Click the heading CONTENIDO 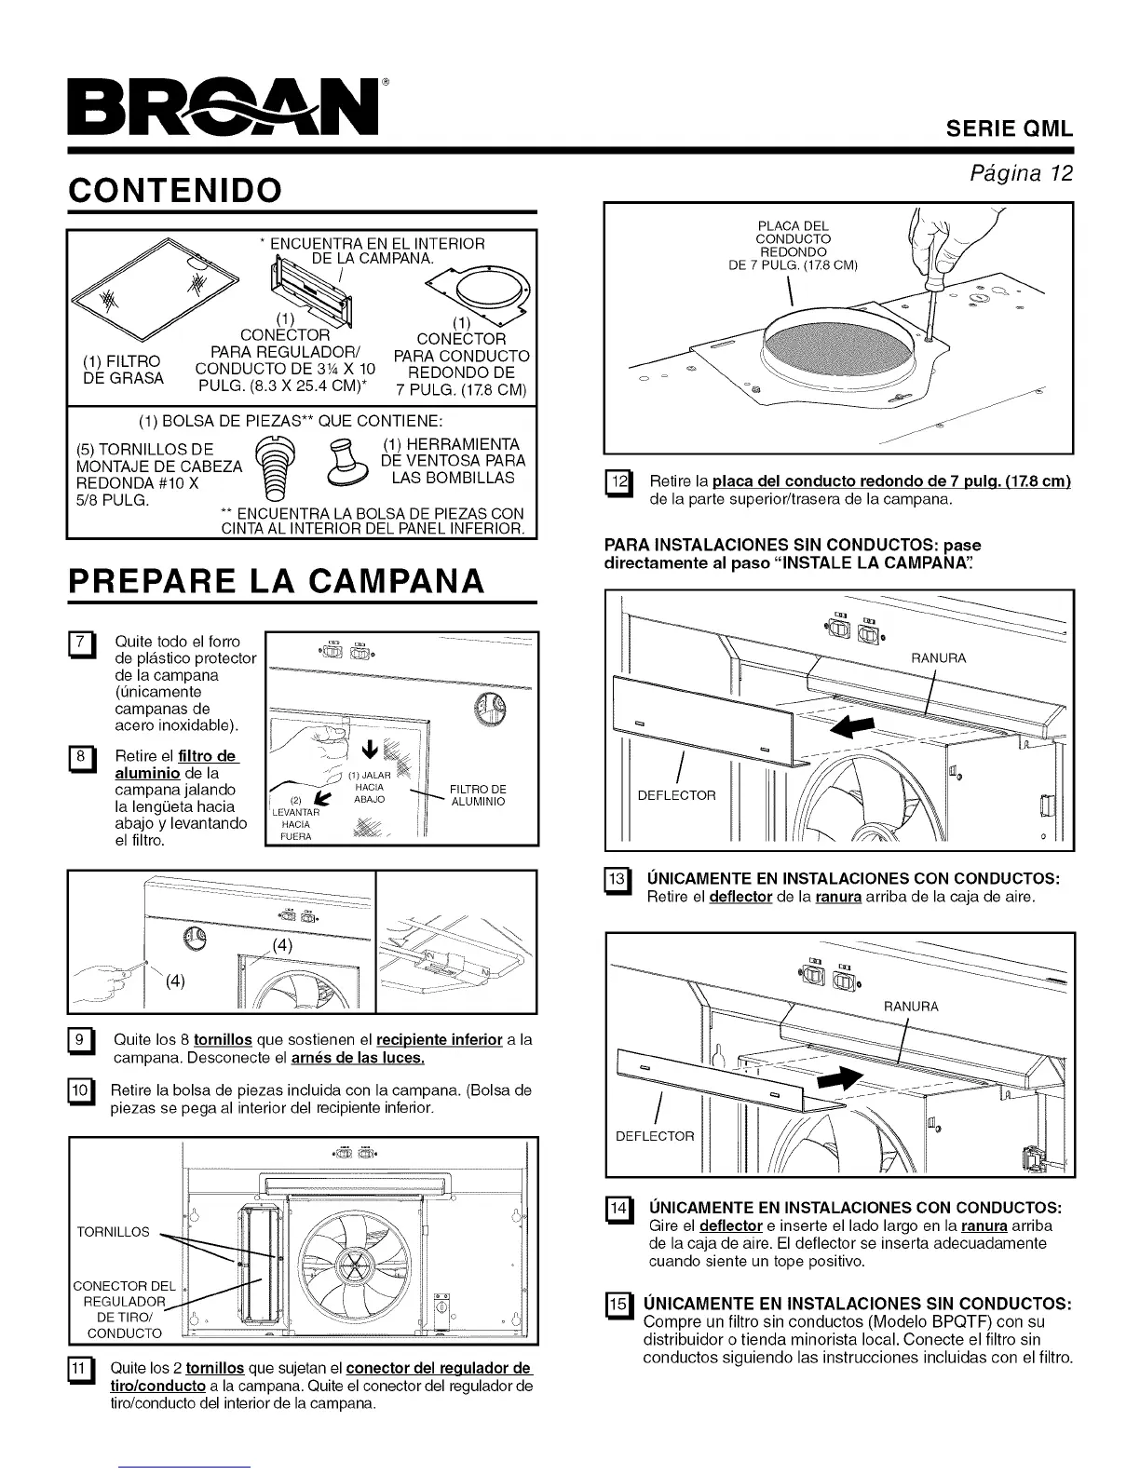[x=174, y=190]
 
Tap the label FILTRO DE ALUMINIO [x=477, y=795]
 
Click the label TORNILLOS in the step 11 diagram [x=113, y=1232]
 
